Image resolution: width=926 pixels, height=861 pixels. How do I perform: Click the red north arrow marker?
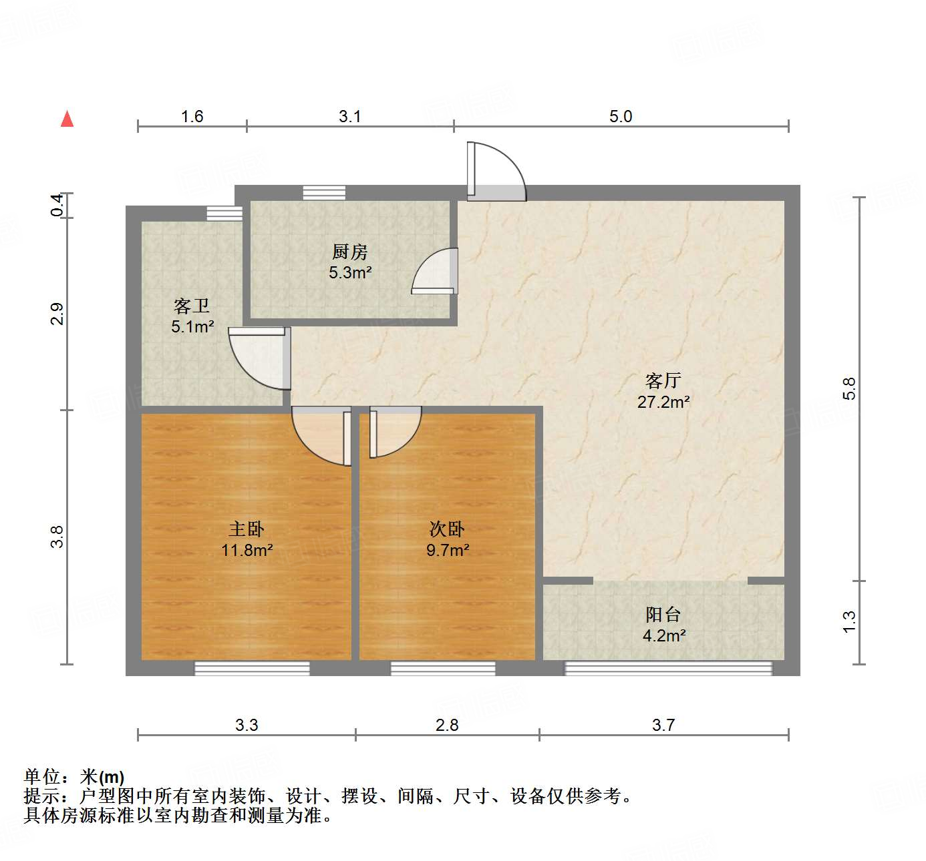[x=67, y=119]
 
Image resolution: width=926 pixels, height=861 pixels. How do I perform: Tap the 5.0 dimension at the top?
[x=620, y=117]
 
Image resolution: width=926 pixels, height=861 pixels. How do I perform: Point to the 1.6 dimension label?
[x=192, y=117]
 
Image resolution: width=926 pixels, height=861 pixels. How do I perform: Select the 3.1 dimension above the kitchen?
[x=349, y=117]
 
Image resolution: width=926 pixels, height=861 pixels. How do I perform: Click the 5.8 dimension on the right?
[x=848, y=388]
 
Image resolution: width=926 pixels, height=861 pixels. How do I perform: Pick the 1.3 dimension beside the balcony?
[x=848, y=622]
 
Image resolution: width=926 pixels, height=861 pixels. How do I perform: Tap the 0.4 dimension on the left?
[x=58, y=205]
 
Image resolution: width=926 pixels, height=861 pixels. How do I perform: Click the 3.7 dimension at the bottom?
[x=663, y=725]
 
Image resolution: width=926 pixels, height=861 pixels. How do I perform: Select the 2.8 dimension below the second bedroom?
[x=447, y=725]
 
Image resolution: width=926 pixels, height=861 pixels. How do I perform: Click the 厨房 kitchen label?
[x=349, y=252]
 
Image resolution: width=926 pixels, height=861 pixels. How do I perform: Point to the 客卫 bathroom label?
[x=192, y=306]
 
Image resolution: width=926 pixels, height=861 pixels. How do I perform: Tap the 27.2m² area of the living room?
[x=663, y=402]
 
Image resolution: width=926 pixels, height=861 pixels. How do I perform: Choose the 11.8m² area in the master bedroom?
[x=247, y=551]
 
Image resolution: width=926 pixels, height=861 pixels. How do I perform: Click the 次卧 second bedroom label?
[x=447, y=529]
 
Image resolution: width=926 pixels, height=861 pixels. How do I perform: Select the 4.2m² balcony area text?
[x=664, y=635]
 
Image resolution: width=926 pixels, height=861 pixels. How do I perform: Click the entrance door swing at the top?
[x=496, y=172]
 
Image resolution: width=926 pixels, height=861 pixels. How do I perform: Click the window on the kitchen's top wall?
[x=324, y=193]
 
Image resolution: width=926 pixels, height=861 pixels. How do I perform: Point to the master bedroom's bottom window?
[x=252, y=668]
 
